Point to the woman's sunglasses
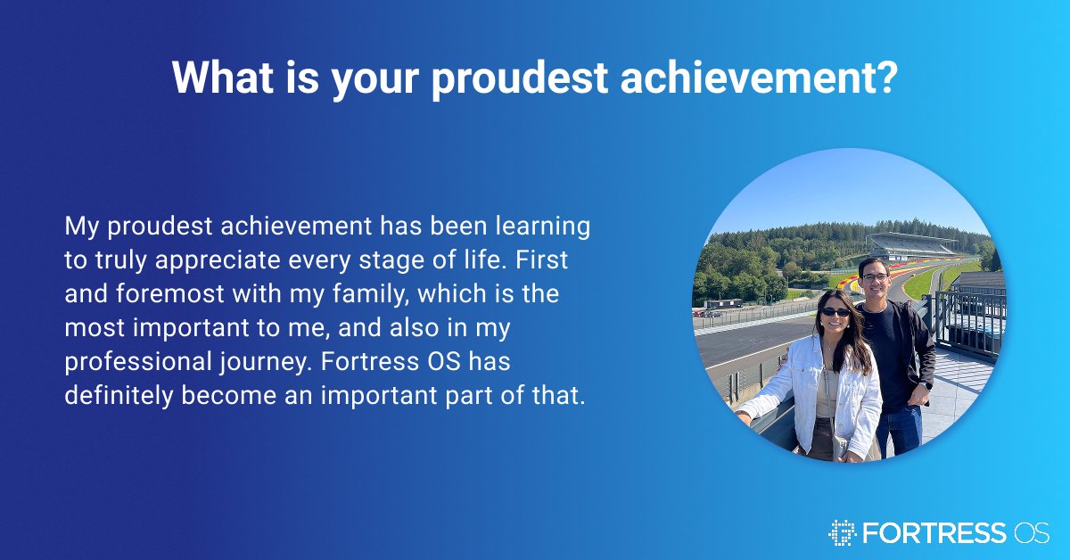835,311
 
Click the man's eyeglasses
875,277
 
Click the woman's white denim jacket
856,392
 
